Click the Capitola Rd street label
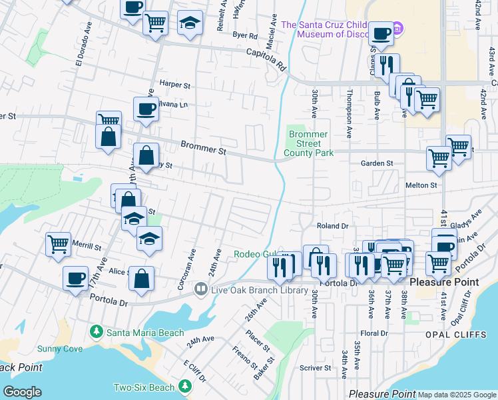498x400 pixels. click(265, 59)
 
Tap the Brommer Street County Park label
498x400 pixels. click(308, 143)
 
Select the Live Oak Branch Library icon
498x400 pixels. click(200, 289)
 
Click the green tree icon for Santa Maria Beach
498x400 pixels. click(97, 332)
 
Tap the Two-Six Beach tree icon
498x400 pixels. click(184, 387)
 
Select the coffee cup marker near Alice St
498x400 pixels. click(75, 277)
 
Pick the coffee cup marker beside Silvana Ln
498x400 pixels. click(146, 108)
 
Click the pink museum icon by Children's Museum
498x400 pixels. click(397, 29)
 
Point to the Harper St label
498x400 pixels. click(175, 85)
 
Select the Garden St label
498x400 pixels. click(377, 163)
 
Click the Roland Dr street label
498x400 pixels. click(332, 227)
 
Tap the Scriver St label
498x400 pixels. click(315, 367)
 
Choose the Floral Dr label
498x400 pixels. click(373, 333)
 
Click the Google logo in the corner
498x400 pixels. click(23, 391)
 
